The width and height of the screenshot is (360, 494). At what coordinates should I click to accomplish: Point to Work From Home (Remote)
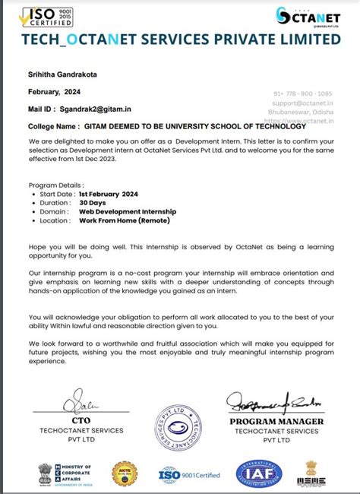click(x=125, y=220)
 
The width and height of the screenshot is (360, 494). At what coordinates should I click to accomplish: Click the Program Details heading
click(x=57, y=185)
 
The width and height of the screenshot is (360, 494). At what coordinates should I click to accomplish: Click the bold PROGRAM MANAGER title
click(x=276, y=421)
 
